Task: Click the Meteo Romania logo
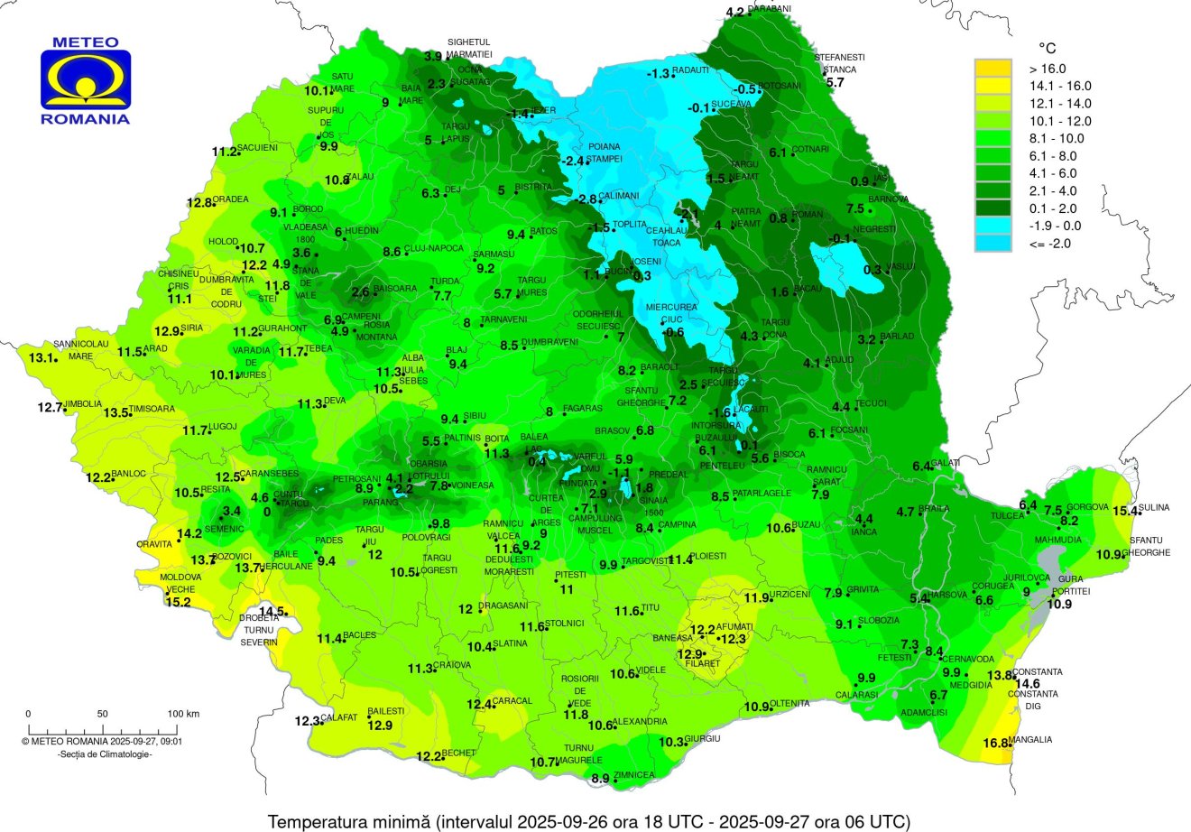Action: pyautogui.click(x=86, y=81)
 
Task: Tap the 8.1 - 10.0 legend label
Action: pyautogui.click(x=1057, y=138)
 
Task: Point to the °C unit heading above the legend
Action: pyautogui.click(x=1047, y=48)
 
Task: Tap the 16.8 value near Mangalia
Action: pyautogui.click(x=994, y=744)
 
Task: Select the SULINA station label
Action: pyautogui.click(x=1153, y=508)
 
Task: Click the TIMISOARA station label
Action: pyautogui.click(x=154, y=409)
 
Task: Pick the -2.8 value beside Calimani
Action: pyautogui.click(x=586, y=199)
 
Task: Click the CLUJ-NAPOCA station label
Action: pyautogui.click(x=434, y=248)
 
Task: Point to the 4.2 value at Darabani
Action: pyautogui.click(x=735, y=12)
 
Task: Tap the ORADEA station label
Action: pyautogui.click(x=232, y=199)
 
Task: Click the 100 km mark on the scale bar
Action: pyautogui.click(x=184, y=714)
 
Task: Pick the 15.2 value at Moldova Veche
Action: pyautogui.click(x=179, y=602)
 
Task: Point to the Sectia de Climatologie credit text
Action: pyautogui.click(x=105, y=753)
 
